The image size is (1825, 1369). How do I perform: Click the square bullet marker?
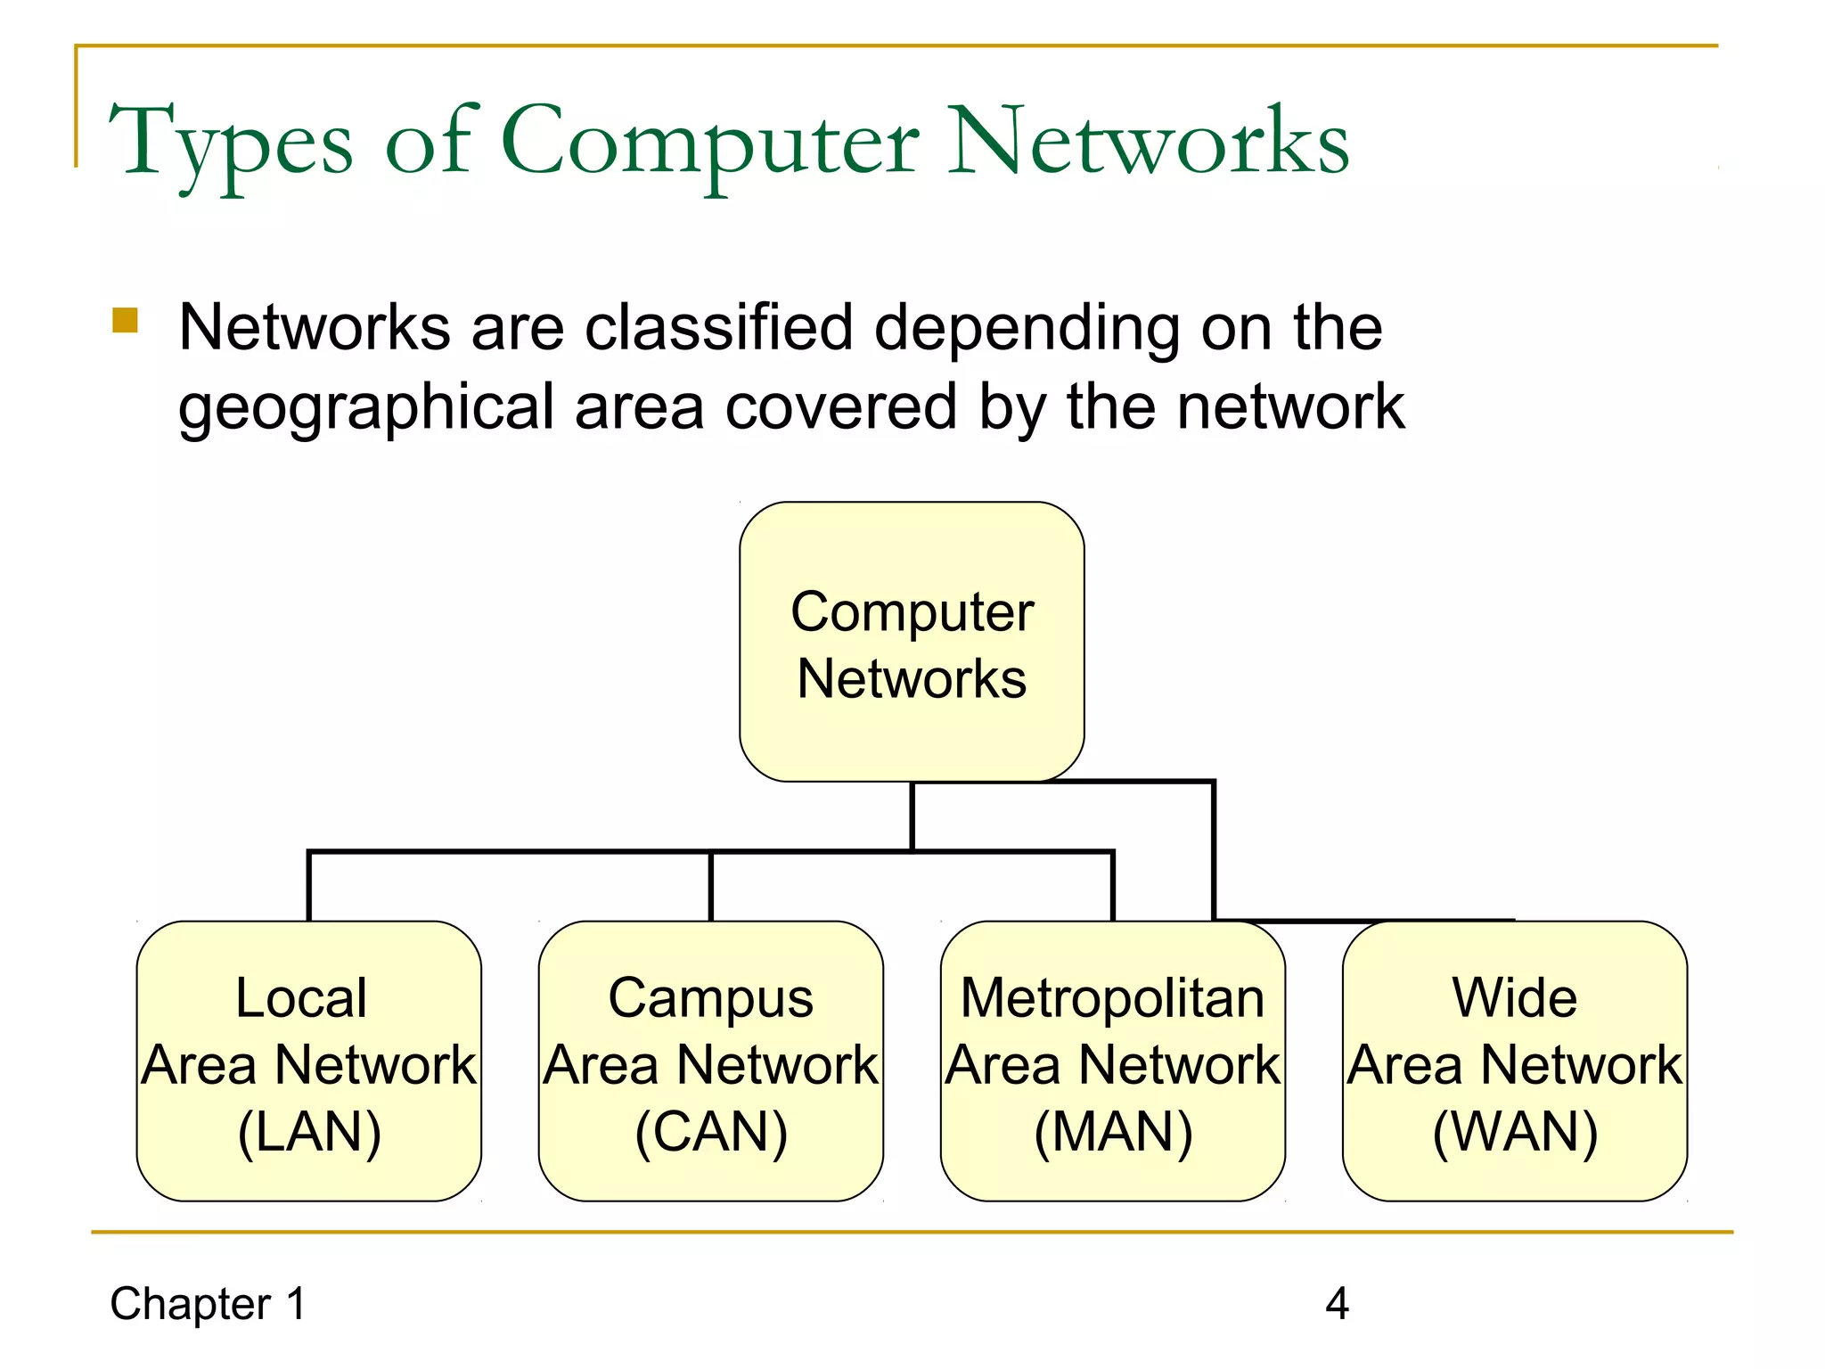click(x=126, y=320)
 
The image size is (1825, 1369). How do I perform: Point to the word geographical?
click(x=366, y=407)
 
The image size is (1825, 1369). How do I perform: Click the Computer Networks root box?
click(x=912, y=642)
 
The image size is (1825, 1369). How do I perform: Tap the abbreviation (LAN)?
click(x=309, y=1132)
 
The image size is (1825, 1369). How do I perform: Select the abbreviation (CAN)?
click(x=711, y=1132)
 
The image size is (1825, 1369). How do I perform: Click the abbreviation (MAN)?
click(x=1113, y=1132)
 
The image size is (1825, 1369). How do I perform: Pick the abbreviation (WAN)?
click(x=1515, y=1132)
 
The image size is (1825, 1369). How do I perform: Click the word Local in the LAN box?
click(x=301, y=997)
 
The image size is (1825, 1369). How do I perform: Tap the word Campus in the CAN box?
click(x=711, y=997)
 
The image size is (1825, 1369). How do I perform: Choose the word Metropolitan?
click(x=1113, y=997)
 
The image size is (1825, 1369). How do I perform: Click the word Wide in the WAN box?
click(x=1515, y=997)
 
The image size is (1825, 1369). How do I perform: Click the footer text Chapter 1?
click(x=208, y=1304)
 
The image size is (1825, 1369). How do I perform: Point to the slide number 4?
click(x=1337, y=1304)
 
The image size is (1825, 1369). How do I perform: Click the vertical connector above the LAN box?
click(x=308, y=887)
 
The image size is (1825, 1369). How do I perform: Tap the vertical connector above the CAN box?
click(x=711, y=887)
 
